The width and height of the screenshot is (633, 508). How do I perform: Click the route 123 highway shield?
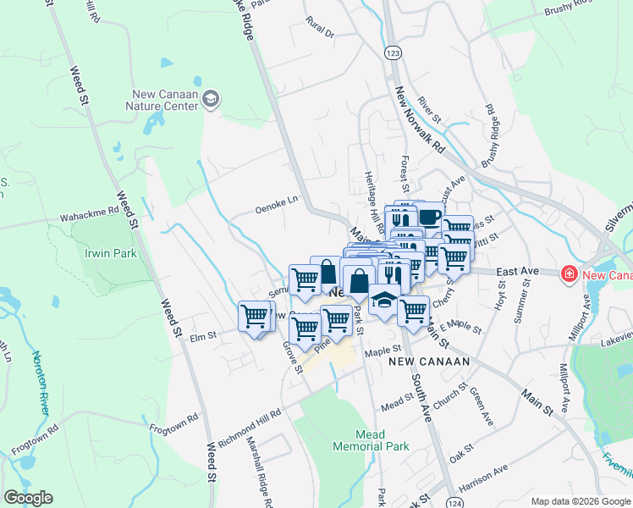[x=392, y=53]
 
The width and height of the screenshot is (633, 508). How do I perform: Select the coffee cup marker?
[x=430, y=217]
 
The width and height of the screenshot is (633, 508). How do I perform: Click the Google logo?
[x=28, y=498]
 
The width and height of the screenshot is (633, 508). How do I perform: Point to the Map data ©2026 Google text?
[x=581, y=501]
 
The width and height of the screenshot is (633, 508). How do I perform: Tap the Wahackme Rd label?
[x=89, y=217]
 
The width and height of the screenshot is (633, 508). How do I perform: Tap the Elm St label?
[x=203, y=336]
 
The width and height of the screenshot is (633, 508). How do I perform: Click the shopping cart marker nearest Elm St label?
[x=254, y=317]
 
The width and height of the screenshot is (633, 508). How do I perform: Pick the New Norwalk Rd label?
[x=420, y=119]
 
